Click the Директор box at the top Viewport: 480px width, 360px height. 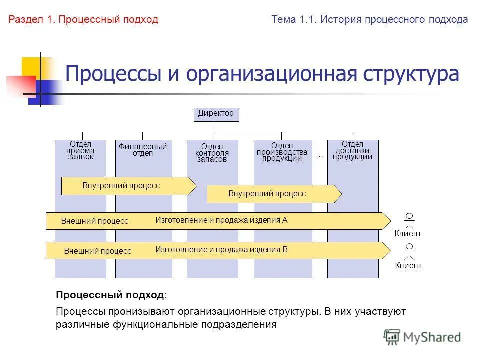pos(216,114)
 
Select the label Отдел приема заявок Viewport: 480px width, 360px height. pos(81,150)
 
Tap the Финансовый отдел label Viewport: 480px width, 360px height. pos(143,150)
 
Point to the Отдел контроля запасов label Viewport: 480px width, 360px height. pos(212,153)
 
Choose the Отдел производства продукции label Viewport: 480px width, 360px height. pos(282,152)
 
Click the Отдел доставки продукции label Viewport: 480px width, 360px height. pos(353,150)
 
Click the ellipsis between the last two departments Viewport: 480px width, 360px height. pos(320,156)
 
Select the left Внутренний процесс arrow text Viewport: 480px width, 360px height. pos(121,186)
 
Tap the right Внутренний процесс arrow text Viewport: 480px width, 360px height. pos(267,194)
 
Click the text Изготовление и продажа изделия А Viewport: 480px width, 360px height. pos(221,220)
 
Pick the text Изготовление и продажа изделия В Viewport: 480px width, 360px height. pos(221,249)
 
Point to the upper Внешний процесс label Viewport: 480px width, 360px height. pos(94,221)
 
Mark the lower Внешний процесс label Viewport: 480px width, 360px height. pos(97,251)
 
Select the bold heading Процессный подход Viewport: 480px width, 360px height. pos(109,295)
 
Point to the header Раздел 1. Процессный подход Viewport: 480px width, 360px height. pos(83,20)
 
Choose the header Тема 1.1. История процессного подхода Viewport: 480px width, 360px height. pos(370,20)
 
